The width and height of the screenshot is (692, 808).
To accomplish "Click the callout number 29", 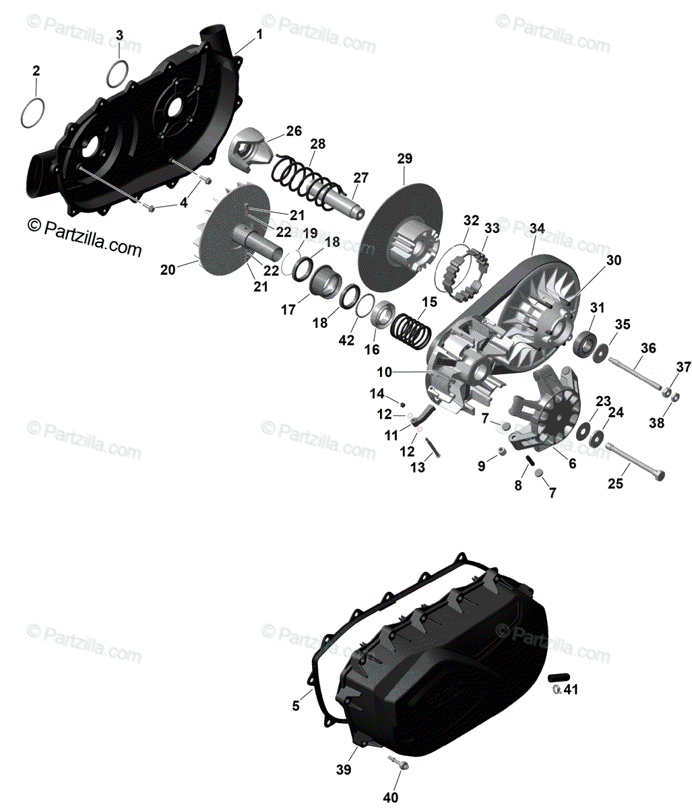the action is pos(404,159).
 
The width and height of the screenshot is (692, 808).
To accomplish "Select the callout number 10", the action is pos(384,372).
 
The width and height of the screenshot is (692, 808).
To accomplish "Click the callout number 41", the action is pos(571,689).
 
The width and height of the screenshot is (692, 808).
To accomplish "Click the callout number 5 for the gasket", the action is pos(296,706).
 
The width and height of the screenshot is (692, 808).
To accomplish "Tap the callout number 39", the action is pos(344,770).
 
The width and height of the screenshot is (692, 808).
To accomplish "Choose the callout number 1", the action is pos(260,33).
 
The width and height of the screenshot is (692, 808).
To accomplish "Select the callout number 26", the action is pos(294,131).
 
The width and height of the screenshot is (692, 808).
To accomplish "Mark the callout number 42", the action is pos(346,340).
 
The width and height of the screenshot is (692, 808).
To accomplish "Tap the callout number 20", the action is pos(168,269).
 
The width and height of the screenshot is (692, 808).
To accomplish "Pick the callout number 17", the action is pos(288,310).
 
